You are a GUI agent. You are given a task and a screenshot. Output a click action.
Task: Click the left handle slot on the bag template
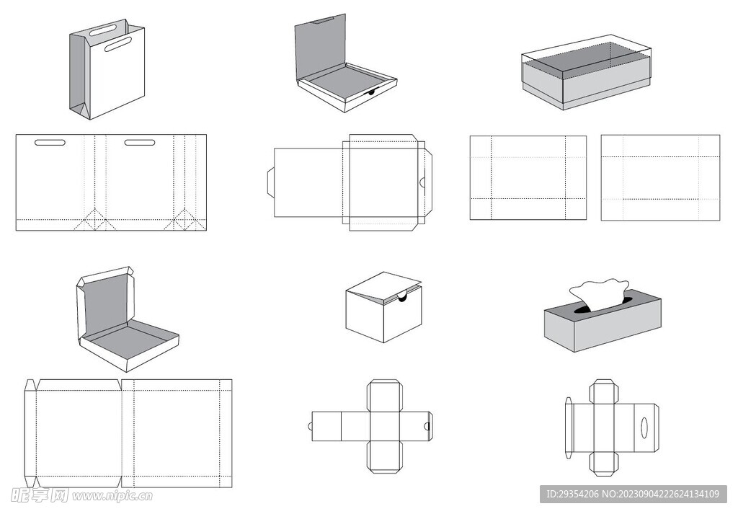pos(50,142)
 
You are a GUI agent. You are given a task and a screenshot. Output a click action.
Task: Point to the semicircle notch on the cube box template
pos(427,427)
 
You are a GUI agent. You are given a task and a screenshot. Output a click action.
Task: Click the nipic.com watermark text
pos(112,496)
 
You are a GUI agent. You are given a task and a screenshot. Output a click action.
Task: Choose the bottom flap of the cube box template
pos(384,457)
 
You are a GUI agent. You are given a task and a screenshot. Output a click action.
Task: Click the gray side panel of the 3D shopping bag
pos(79,72)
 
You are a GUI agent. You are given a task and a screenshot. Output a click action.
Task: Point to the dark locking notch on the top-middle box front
pos(371,92)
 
